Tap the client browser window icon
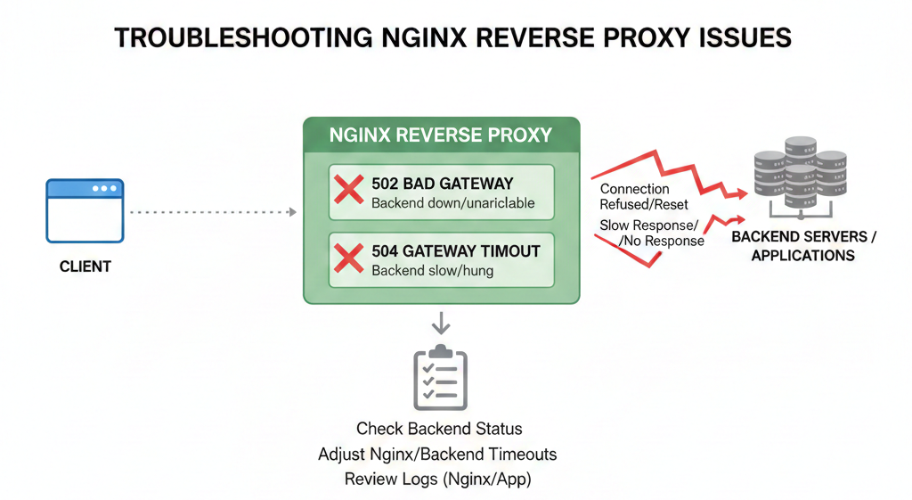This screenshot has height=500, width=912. (85, 210)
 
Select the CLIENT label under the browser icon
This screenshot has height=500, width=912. (85, 266)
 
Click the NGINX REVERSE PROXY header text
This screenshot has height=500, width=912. (441, 135)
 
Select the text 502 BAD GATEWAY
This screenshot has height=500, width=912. (442, 184)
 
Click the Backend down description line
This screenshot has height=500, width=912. (452, 203)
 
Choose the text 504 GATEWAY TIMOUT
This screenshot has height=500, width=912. (455, 251)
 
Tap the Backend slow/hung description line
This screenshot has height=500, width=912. (431, 271)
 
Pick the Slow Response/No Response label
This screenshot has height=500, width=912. (650, 233)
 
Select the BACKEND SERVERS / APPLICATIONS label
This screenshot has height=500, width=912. (803, 247)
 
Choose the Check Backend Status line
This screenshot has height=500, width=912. (439, 429)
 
